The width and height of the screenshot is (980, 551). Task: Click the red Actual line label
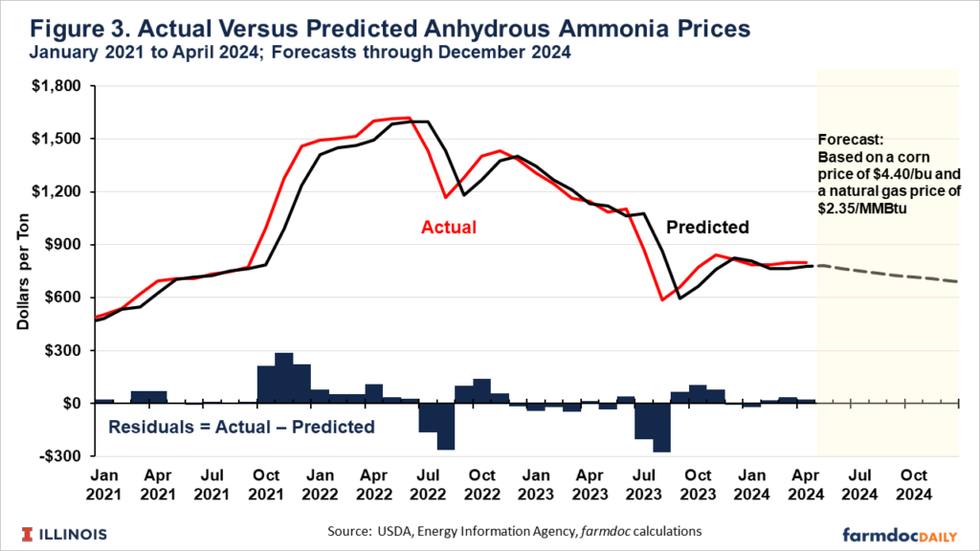pyautogui.click(x=449, y=228)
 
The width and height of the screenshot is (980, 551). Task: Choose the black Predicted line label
pyautogui.click(x=707, y=228)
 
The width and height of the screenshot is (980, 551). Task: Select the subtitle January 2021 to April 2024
pyautogui.click(x=292, y=53)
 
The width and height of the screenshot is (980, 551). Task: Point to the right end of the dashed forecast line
pyautogui.click(x=957, y=282)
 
